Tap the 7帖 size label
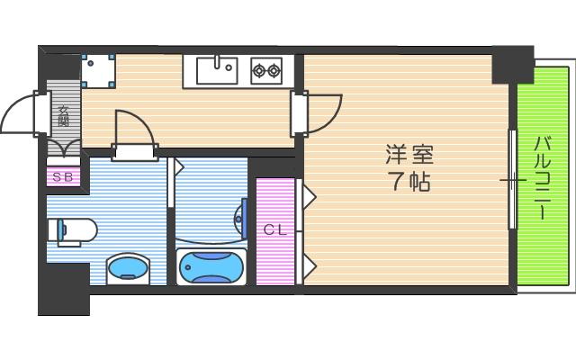(x=408, y=181)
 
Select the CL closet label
(x=274, y=230)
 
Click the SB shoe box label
(x=63, y=176)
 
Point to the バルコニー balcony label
(x=542, y=177)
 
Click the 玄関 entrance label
(x=64, y=116)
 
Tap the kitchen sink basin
(x=216, y=69)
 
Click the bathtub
(x=210, y=266)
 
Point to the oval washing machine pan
(x=129, y=268)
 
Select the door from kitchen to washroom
(x=133, y=131)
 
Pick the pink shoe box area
(x=63, y=176)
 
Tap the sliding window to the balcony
(x=513, y=180)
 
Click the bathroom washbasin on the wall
(x=240, y=214)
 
